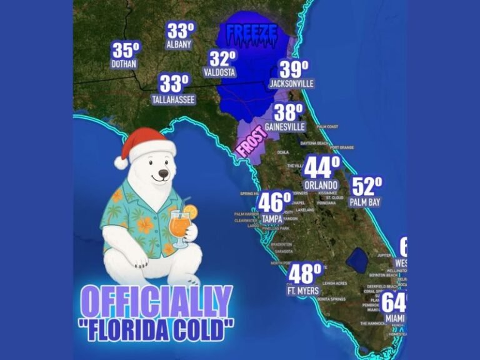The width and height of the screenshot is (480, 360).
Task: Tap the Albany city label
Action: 180,44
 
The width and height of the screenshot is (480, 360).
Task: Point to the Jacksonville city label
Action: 291,83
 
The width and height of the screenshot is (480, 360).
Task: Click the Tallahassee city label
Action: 173,99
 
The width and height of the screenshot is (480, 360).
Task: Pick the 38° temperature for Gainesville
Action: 288,112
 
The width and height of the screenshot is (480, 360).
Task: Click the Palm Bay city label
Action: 365,202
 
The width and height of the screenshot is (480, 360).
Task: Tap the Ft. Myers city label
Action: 304,291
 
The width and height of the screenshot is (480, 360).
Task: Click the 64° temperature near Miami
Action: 395,302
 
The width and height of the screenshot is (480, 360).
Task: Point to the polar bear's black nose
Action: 163,173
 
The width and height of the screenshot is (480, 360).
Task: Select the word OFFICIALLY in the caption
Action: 157,302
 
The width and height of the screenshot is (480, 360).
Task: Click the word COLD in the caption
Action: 202,327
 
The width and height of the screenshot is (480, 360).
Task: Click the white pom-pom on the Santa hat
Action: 121,162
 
